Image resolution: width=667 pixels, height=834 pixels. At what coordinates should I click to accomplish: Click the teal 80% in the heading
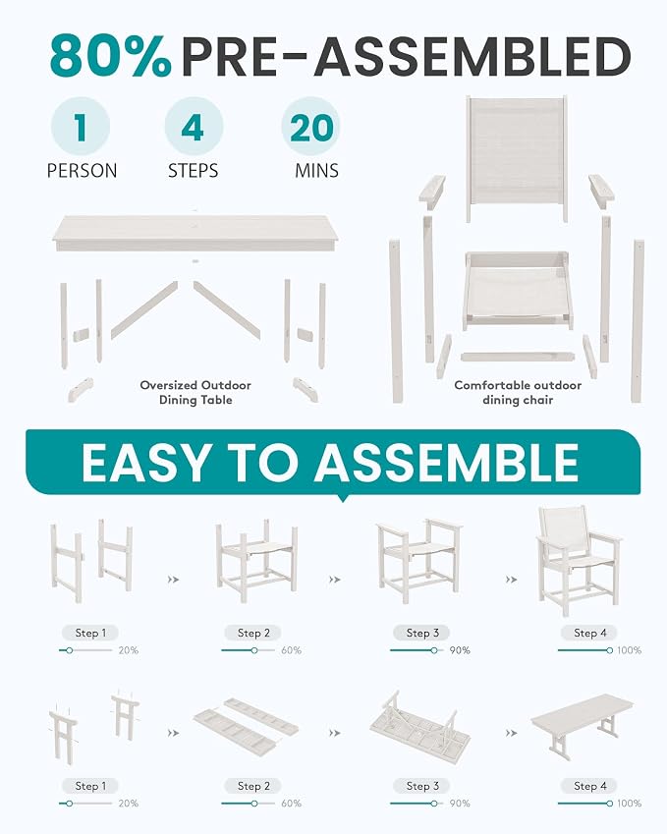click(x=111, y=56)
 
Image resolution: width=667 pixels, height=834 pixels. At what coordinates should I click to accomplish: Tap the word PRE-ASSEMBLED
click(x=406, y=56)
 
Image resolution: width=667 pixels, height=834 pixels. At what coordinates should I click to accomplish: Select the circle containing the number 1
click(x=81, y=127)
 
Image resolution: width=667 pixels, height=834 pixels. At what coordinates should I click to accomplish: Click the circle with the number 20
click(x=311, y=127)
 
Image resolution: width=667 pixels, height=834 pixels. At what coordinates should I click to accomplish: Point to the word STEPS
click(x=194, y=171)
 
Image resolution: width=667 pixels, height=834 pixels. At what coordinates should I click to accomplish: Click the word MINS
click(x=317, y=171)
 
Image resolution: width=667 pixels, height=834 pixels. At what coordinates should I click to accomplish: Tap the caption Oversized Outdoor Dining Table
click(x=195, y=393)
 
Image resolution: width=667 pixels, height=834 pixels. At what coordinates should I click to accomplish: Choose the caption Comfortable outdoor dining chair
click(x=518, y=393)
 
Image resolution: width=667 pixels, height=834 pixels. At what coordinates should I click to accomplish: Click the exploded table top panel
click(x=196, y=232)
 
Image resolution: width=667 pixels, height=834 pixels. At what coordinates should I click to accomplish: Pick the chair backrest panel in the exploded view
click(x=517, y=158)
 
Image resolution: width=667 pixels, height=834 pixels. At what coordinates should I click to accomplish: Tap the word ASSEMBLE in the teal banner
click(x=446, y=463)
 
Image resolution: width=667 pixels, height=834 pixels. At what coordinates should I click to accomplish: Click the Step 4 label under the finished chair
click(x=589, y=633)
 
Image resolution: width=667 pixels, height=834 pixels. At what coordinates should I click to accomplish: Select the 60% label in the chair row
click(x=291, y=650)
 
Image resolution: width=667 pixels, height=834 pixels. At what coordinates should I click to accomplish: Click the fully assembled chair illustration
click(x=579, y=561)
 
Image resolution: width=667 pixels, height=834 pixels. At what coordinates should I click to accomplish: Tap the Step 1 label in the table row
click(x=90, y=786)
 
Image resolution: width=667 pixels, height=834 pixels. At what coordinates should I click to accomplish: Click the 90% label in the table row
click(x=460, y=804)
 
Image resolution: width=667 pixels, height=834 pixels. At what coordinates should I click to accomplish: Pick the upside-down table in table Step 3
click(x=420, y=723)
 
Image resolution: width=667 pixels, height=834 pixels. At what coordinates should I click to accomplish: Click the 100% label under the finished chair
click(x=630, y=650)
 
